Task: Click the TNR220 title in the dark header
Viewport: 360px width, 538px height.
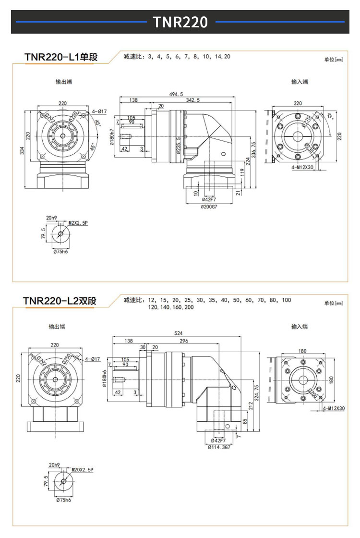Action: coord(180,22)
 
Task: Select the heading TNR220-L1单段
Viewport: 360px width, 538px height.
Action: coord(61,57)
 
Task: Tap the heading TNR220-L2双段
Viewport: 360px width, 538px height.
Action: coord(60,301)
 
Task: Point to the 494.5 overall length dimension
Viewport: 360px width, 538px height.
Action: coord(177,94)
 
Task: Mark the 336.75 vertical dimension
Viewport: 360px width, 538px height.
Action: coord(253,150)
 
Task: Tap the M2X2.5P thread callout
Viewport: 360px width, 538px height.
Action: coord(77,223)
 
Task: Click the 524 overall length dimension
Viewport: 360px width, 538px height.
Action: coord(178,333)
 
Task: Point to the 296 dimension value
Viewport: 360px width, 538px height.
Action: coord(183,341)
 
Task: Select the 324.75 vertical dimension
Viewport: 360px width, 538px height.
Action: coord(257,392)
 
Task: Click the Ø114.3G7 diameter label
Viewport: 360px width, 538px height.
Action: coord(219,447)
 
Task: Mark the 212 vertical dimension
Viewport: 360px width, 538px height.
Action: coord(250,406)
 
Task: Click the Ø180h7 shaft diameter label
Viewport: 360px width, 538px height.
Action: coord(111,137)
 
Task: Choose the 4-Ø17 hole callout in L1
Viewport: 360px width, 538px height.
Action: coord(99,111)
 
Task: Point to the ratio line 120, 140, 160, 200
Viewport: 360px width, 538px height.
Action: coord(171,307)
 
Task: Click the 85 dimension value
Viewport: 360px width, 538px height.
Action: coord(245,421)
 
